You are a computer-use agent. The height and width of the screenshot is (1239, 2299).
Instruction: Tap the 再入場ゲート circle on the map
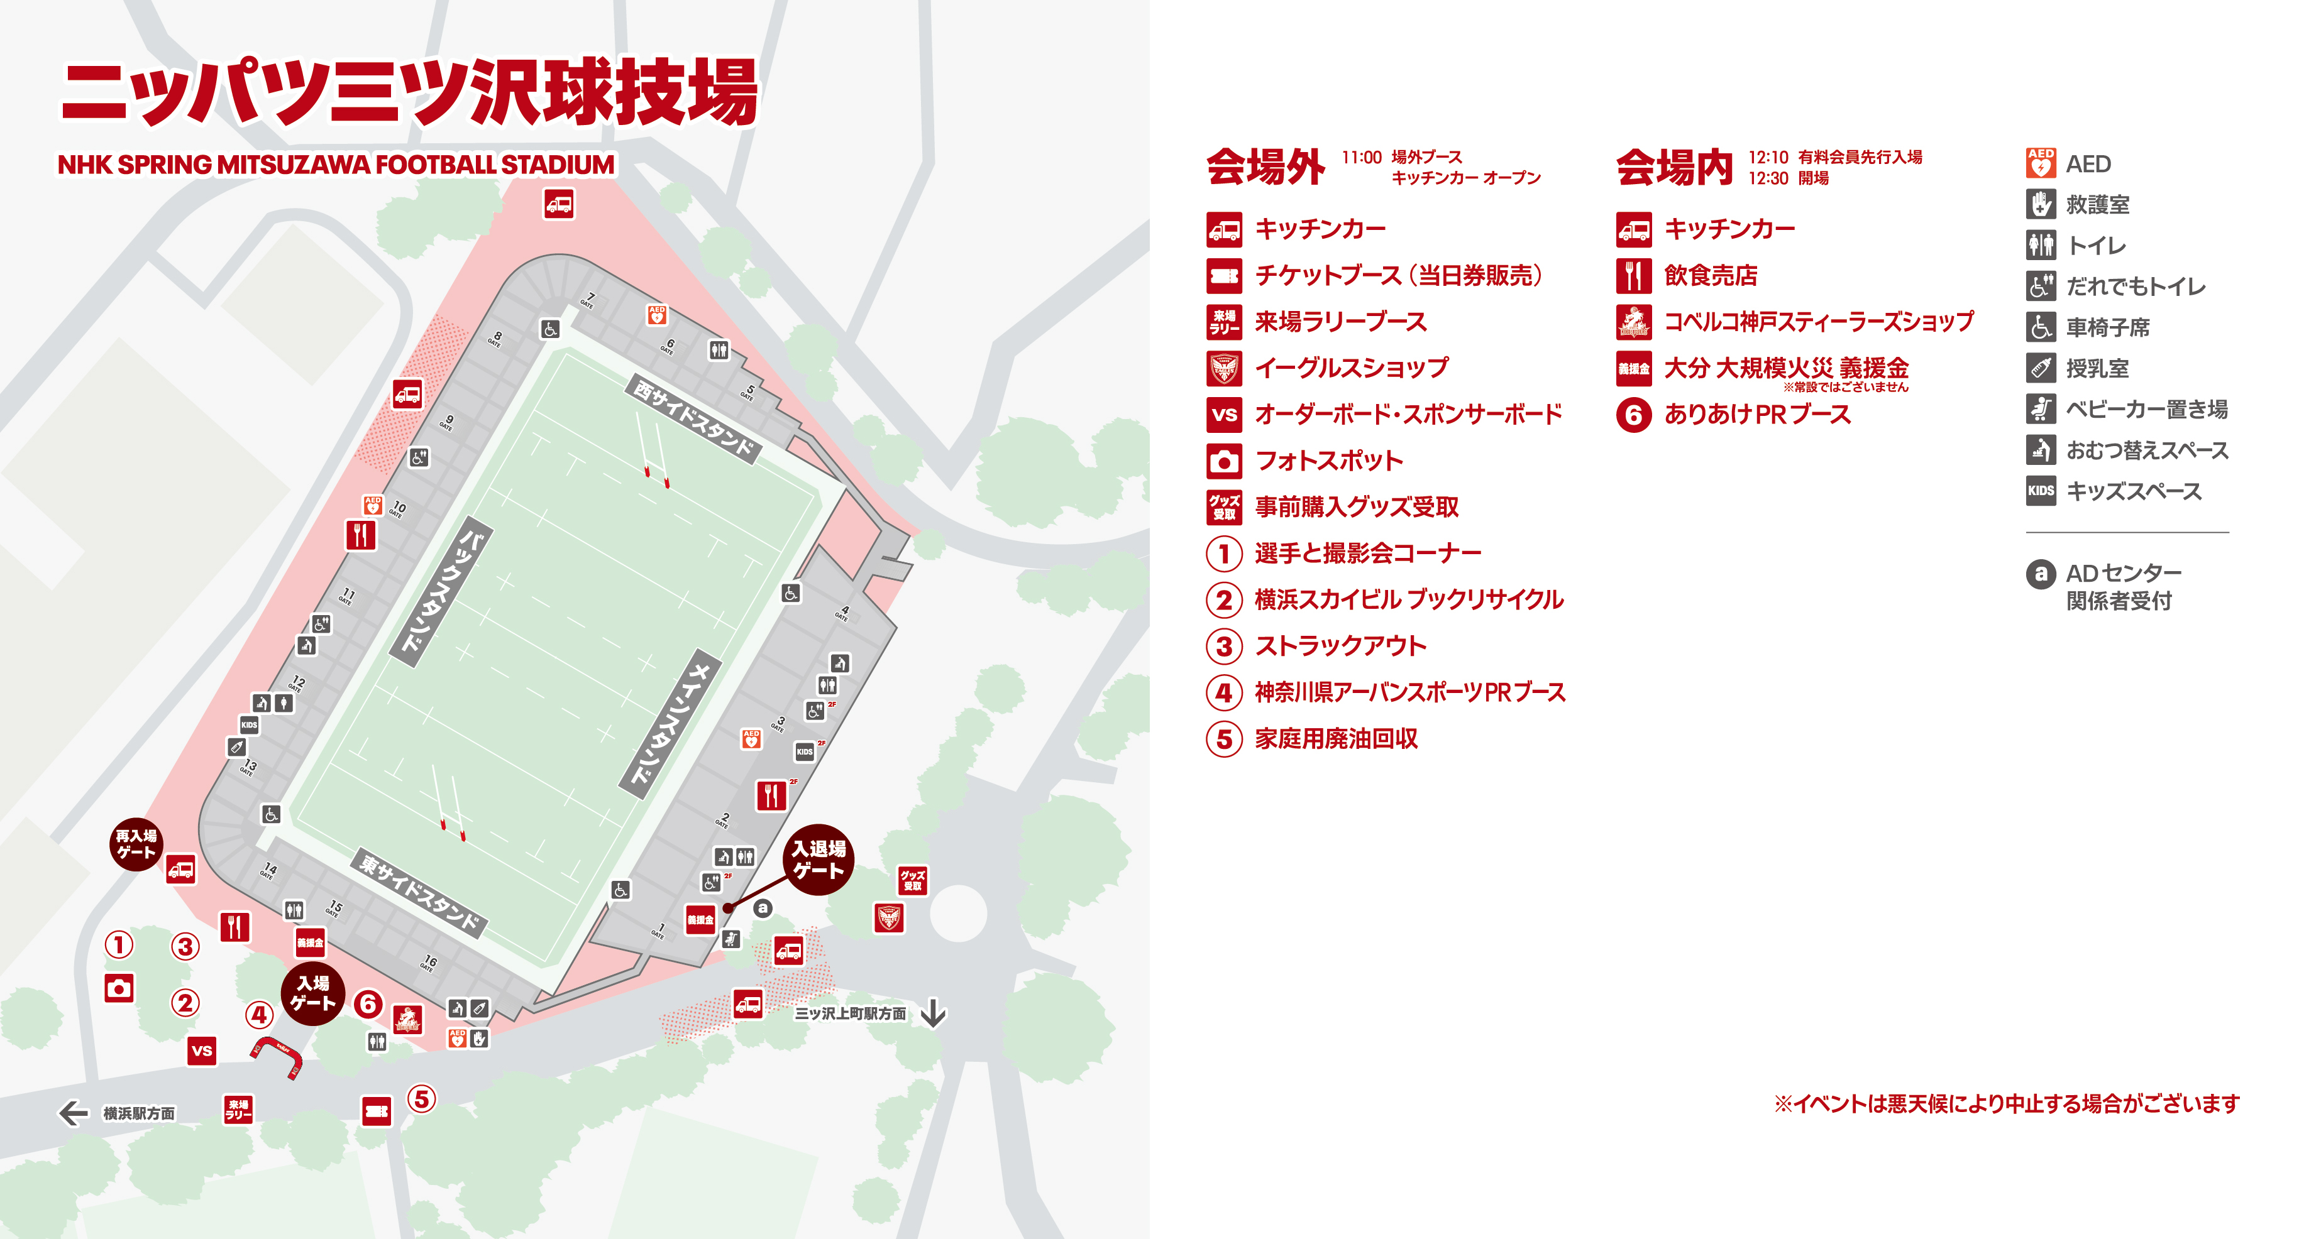pos(136,844)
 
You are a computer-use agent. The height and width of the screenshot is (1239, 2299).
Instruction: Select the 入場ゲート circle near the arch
pos(312,993)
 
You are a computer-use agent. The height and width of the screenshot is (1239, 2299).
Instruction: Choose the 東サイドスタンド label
pos(419,893)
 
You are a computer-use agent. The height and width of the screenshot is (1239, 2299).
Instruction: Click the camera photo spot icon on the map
pos(119,988)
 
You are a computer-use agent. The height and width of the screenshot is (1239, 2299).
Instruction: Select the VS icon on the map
pos(202,1051)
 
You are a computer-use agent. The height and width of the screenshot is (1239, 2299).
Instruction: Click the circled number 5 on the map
pos(421,1098)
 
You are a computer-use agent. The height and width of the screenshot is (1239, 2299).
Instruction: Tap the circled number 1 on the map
pos(119,944)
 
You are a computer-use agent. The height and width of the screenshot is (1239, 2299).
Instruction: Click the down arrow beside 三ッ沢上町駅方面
pos(933,1013)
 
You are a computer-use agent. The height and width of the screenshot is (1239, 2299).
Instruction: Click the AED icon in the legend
pos(2040,164)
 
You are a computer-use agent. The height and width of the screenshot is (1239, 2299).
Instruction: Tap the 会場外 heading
pos(1265,166)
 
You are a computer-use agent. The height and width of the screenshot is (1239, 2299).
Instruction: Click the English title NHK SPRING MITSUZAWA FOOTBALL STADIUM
pos(336,165)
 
